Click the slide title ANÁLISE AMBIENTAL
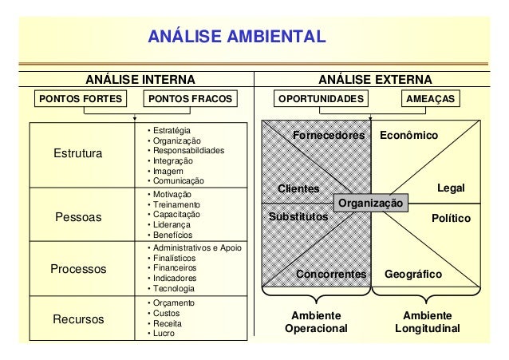click(x=236, y=37)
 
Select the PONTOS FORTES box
click(x=81, y=99)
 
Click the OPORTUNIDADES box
click(x=319, y=99)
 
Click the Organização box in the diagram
click(x=371, y=204)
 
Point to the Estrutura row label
click(x=77, y=153)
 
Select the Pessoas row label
click(x=77, y=216)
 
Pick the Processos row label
click(x=78, y=269)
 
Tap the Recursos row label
click(x=78, y=319)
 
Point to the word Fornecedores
click(x=329, y=136)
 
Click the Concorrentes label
click(x=330, y=274)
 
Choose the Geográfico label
click(x=413, y=274)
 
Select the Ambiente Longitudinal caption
click(x=428, y=322)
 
